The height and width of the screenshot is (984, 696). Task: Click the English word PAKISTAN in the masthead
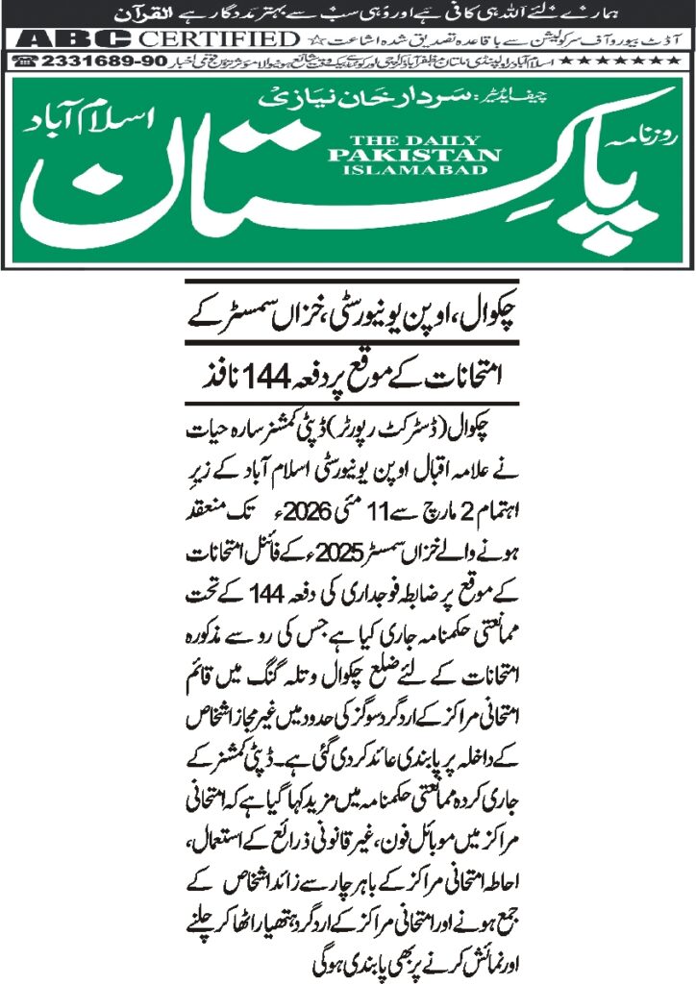pyautogui.click(x=413, y=156)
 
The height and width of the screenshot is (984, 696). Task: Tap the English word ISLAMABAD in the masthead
pyautogui.click(x=413, y=172)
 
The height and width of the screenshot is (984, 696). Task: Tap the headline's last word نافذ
pyautogui.click(x=204, y=369)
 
